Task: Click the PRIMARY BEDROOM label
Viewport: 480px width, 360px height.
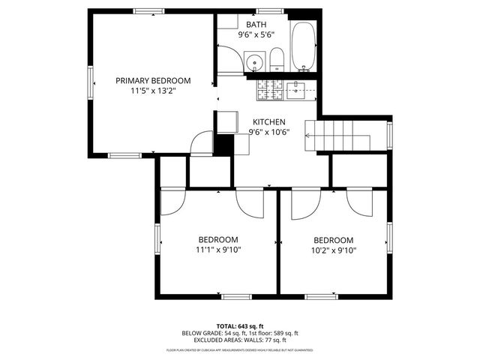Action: pos(152,80)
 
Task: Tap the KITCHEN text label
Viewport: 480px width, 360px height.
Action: pos(268,122)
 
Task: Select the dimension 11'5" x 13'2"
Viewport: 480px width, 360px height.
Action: pos(152,91)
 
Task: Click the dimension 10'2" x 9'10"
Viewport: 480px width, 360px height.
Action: pos(334,250)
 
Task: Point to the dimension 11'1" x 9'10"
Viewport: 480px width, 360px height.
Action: pos(218,250)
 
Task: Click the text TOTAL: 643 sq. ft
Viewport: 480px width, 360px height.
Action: pos(240,325)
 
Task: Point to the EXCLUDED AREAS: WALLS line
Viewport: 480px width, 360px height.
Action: pos(240,340)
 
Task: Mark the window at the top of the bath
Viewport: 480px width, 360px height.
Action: pos(265,12)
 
